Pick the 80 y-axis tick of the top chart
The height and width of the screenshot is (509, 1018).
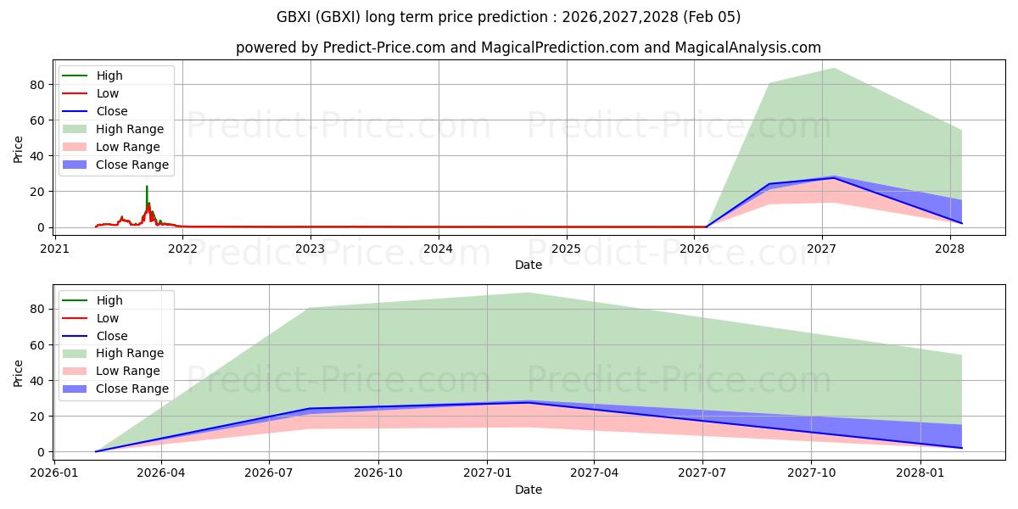(37, 85)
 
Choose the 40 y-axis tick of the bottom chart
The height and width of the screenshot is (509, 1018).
(37, 381)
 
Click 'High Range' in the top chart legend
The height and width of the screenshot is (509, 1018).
(130, 129)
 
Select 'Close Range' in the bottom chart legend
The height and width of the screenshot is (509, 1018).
(132, 389)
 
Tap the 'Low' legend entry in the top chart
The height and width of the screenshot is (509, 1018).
(108, 93)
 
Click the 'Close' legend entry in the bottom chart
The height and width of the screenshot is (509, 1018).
(112, 336)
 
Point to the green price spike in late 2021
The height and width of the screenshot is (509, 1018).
(147, 188)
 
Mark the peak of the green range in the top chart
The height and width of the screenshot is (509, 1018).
(834, 69)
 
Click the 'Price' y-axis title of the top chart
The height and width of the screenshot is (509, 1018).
(19, 149)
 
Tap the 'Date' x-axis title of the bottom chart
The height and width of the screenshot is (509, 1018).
(528, 489)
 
